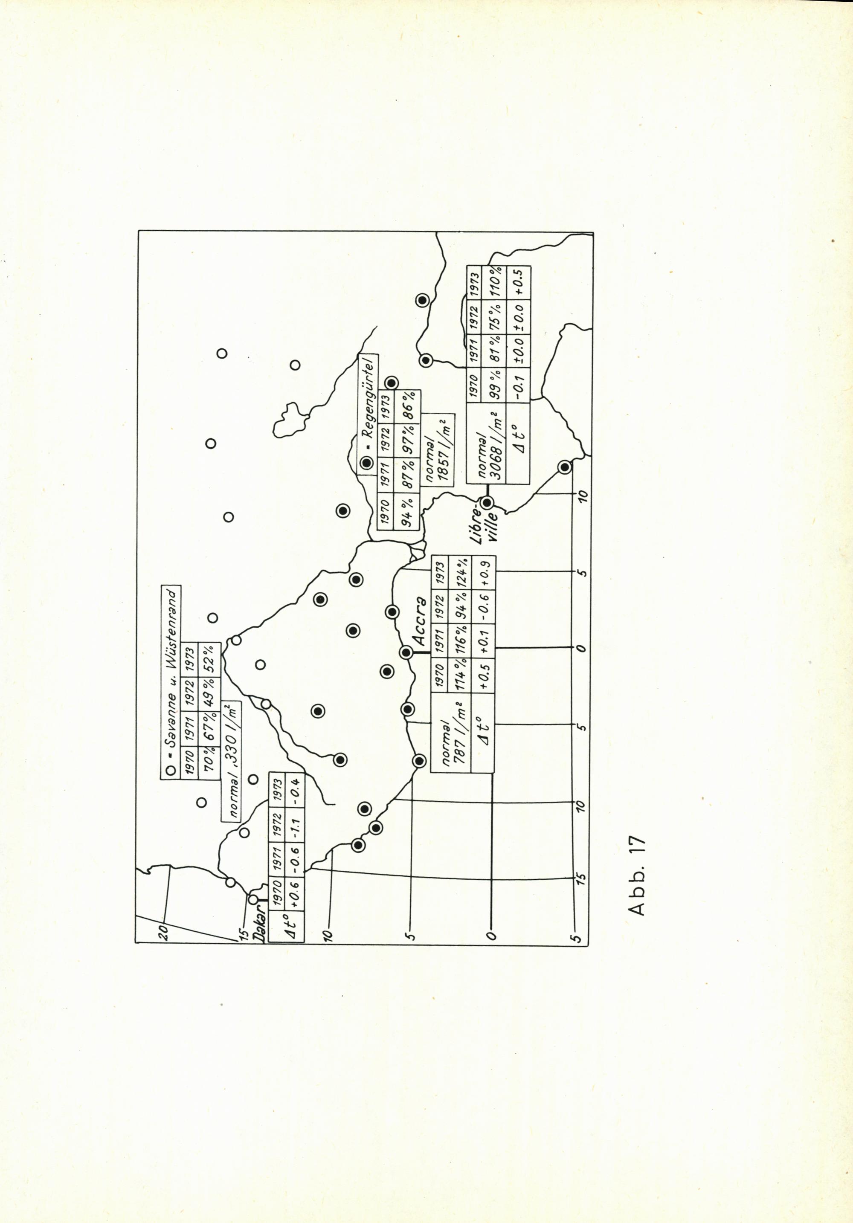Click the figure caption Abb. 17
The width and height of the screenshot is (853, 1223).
click(637, 875)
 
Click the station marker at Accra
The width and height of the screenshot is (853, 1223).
click(406, 652)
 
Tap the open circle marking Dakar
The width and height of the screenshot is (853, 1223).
click(253, 898)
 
